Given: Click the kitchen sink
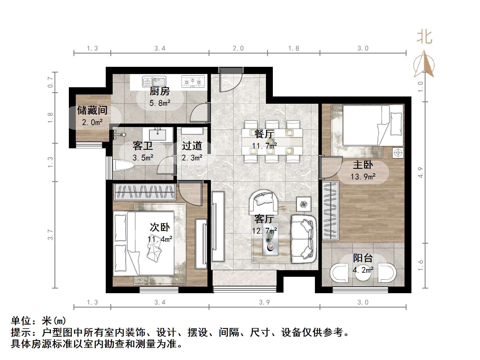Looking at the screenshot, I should click(x=154, y=81).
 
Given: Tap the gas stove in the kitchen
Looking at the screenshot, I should click(x=193, y=81).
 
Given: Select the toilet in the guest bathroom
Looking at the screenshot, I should click(x=124, y=166).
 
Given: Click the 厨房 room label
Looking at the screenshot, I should click(x=160, y=91).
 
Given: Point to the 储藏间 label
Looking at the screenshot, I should click(x=92, y=110).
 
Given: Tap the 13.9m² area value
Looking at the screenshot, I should click(x=363, y=176).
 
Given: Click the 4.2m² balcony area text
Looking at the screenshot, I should click(x=363, y=270).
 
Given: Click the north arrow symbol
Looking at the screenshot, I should click(x=424, y=65).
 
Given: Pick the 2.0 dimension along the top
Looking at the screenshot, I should click(x=238, y=48).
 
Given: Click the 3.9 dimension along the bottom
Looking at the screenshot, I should click(x=264, y=302).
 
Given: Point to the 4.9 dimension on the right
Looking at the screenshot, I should click(x=420, y=172).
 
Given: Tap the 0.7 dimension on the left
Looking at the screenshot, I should click(x=51, y=82).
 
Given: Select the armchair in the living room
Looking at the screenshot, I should click(x=263, y=200).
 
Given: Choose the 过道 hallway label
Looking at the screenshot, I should click(x=192, y=146).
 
